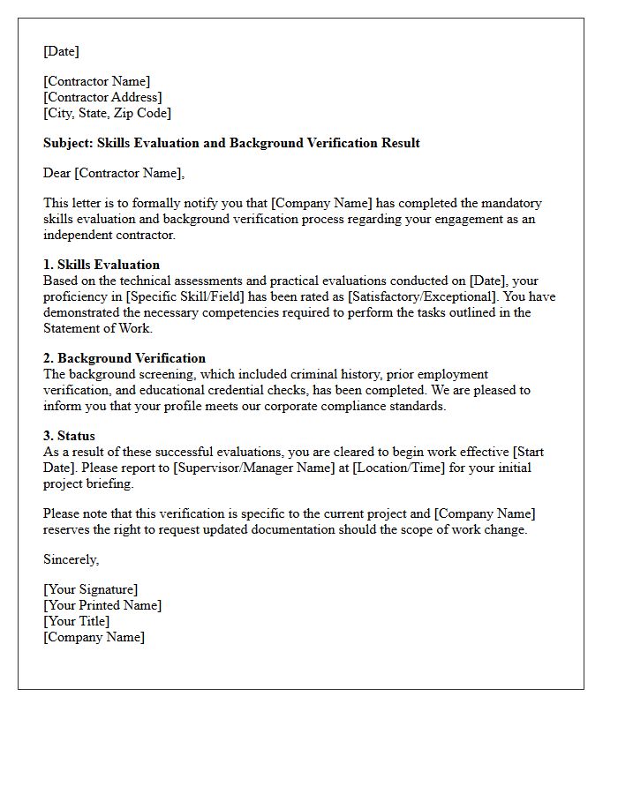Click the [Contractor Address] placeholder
pyautogui.click(x=102, y=97)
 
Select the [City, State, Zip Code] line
pyautogui.click(x=107, y=113)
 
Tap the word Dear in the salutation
pyautogui.click(x=57, y=173)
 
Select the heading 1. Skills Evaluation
pyautogui.click(x=102, y=265)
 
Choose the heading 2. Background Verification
pyautogui.click(x=124, y=358)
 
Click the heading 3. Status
pyautogui.click(x=69, y=436)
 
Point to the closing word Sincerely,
pyautogui.click(x=72, y=559)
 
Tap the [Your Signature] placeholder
pyautogui.click(x=90, y=589)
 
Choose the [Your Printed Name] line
pyautogui.click(x=102, y=605)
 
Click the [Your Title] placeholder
pyautogui.click(x=76, y=621)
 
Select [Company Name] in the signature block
pyautogui.click(x=94, y=637)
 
